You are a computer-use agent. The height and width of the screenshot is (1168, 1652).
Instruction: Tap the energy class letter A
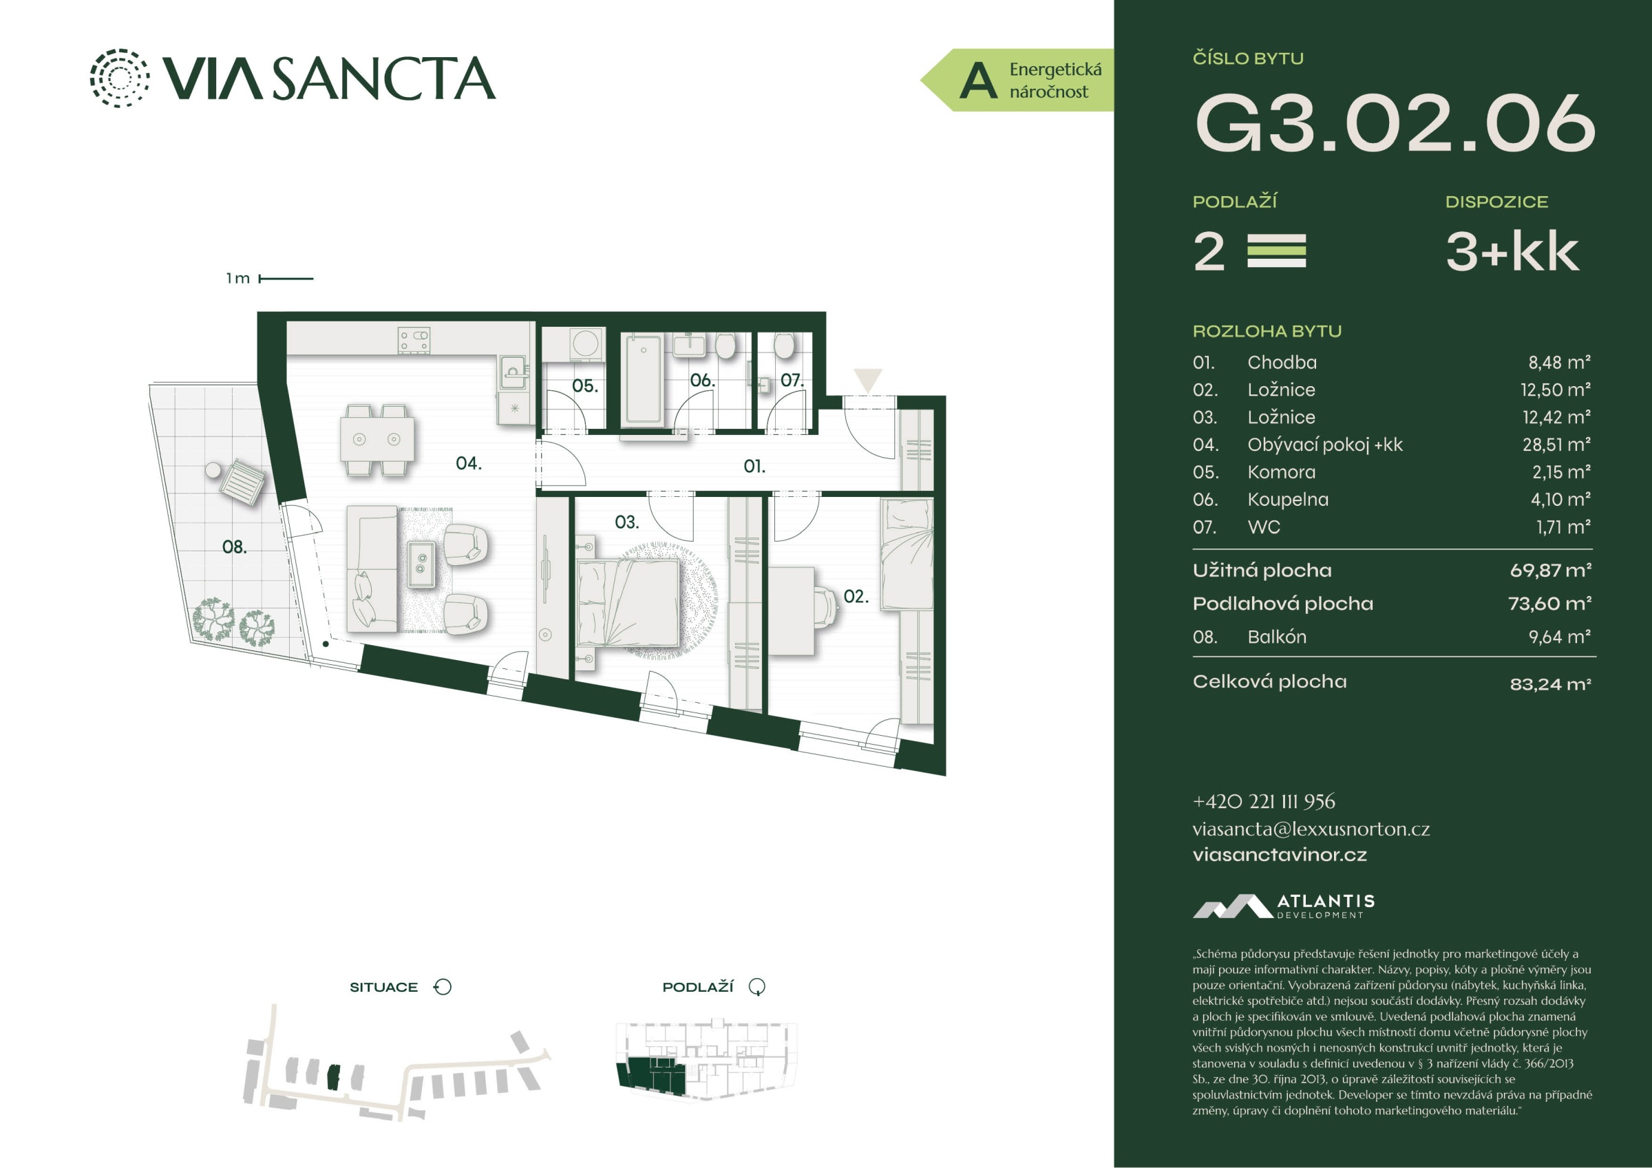979,81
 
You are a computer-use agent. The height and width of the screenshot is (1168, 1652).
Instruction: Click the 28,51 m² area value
1556,445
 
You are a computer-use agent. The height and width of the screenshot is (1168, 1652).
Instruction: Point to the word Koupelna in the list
1288,500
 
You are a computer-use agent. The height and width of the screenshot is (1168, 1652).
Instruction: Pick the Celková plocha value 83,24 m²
1551,683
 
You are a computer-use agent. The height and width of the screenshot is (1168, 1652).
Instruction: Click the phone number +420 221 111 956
1264,801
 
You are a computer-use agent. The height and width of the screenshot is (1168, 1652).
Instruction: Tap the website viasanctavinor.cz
1280,854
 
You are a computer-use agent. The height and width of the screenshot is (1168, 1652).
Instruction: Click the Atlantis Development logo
1284,906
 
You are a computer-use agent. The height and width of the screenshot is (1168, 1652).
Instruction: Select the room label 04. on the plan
468,463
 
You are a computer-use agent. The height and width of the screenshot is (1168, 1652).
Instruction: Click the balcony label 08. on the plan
234,547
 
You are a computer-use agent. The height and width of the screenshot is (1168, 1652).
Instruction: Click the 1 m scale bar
286,279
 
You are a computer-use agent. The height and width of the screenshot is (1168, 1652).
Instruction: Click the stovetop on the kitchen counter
414,341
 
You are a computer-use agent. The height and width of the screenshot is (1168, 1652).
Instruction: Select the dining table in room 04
377,440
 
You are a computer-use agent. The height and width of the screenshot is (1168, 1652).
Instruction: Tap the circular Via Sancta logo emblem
120,78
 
